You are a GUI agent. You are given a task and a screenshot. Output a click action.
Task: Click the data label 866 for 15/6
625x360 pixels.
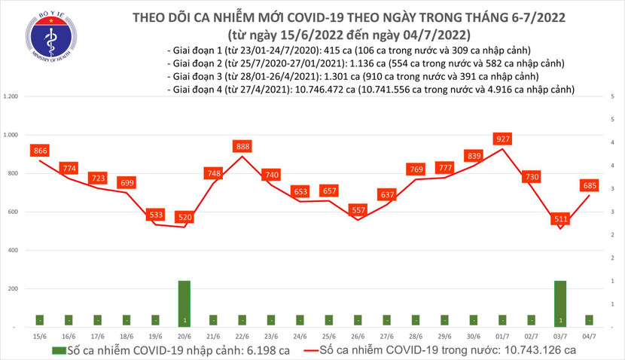pyautogui.click(x=40, y=151)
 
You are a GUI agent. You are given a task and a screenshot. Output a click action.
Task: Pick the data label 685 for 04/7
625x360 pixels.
pyautogui.click(x=590, y=185)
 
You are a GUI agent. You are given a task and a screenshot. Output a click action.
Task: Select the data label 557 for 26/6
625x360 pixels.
pyautogui.click(x=358, y=210)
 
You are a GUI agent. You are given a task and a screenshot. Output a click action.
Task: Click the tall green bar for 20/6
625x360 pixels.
pyautogui.click(x=184, y=304)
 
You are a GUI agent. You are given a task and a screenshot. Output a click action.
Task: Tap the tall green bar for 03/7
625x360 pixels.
pyautogui.click(x=560, y=304)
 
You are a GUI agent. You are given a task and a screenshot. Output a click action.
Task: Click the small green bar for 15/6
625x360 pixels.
pyautogui.click(x=40, y=321)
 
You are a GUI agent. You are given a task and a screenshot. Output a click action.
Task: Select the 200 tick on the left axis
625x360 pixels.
pyautogui.click(x=14, y=288)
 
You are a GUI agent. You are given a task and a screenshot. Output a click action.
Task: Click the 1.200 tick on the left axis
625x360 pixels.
pyautogui.click(x=11, y=97)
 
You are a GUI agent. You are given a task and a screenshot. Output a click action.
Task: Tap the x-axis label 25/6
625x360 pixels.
pyautogui.click(x=329, y=337)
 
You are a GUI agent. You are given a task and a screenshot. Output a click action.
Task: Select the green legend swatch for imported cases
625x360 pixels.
pyautogui.click(x=57, y=350)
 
